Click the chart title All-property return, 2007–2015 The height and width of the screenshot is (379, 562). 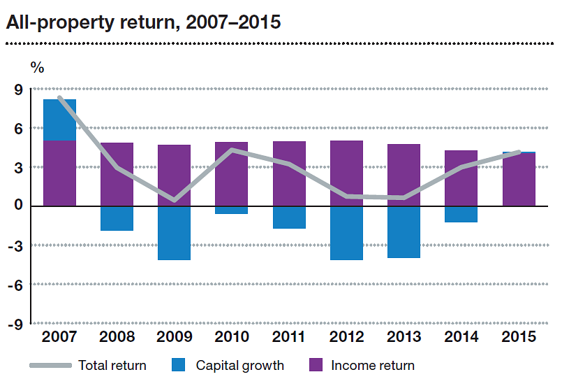tap(143, 22)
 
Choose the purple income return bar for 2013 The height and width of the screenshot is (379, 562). tap(404, 175)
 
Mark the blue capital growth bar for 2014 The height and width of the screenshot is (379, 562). tap(461, 214)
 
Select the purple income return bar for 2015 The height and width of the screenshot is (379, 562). tap(518, 180)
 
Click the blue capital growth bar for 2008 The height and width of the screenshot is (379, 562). tap(117, 218)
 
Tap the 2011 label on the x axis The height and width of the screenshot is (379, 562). tap(288, 337)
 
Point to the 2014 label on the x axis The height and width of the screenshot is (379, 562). tap(461, 337)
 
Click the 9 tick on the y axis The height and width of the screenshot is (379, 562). tap(18, 90)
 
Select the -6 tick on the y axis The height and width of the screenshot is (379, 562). tap(16, 285)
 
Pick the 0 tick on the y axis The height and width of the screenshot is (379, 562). tap(18, 206)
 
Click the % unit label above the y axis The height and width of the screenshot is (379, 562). tap(37, 68)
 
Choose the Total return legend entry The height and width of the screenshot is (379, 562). tap(112, 365)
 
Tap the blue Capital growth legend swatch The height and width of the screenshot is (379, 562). tap(179, 365)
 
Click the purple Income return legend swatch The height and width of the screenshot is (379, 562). tap(315, 365)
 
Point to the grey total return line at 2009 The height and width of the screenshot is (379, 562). tap(174, 200)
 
